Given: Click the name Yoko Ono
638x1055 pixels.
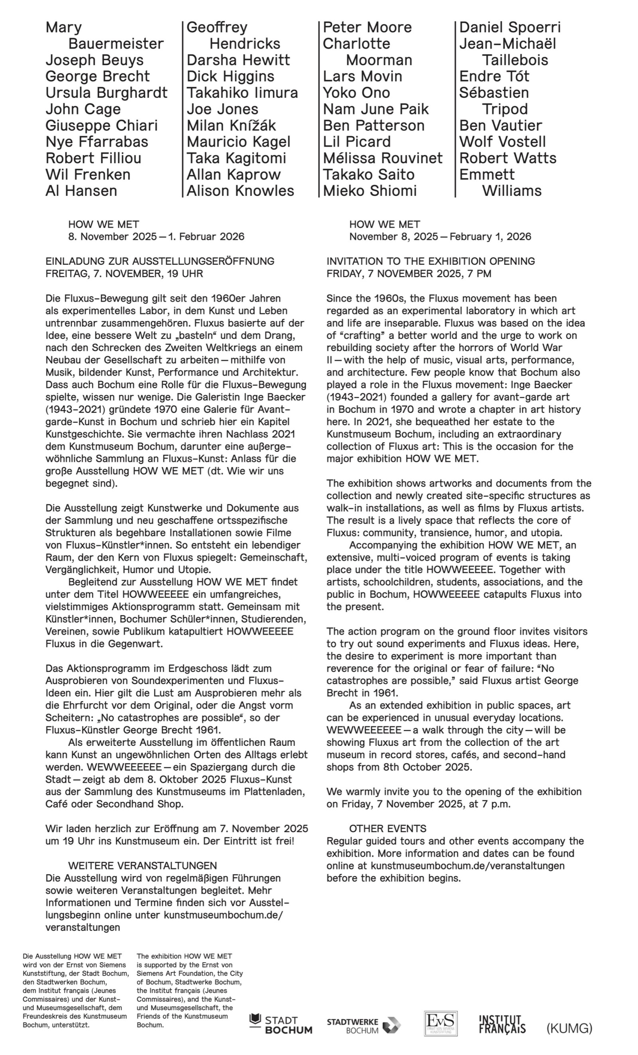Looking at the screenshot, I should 356,93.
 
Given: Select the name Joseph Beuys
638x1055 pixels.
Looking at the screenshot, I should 95,60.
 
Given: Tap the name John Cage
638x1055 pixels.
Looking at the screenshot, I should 83,109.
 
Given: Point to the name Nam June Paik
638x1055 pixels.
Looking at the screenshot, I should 376,109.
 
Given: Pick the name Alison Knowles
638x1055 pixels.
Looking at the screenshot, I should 240,191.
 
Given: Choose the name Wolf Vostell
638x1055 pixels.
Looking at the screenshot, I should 502,142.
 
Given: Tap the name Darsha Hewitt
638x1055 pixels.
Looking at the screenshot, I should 238,60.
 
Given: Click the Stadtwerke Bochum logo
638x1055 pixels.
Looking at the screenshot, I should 364,1025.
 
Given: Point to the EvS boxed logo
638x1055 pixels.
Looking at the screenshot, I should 441,1023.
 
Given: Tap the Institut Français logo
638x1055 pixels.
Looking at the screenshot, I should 502,1024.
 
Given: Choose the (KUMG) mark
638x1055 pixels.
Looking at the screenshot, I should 569,1028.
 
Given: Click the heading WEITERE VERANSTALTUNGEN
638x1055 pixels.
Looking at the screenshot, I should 142,865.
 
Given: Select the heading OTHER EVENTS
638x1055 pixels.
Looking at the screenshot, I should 387,828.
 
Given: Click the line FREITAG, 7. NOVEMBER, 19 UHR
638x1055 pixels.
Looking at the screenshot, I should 124,274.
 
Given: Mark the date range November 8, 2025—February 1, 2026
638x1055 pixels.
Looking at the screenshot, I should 440,237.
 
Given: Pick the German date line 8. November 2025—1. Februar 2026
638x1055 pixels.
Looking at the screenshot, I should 156,237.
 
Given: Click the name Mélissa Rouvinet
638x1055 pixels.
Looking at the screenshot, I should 382,158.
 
